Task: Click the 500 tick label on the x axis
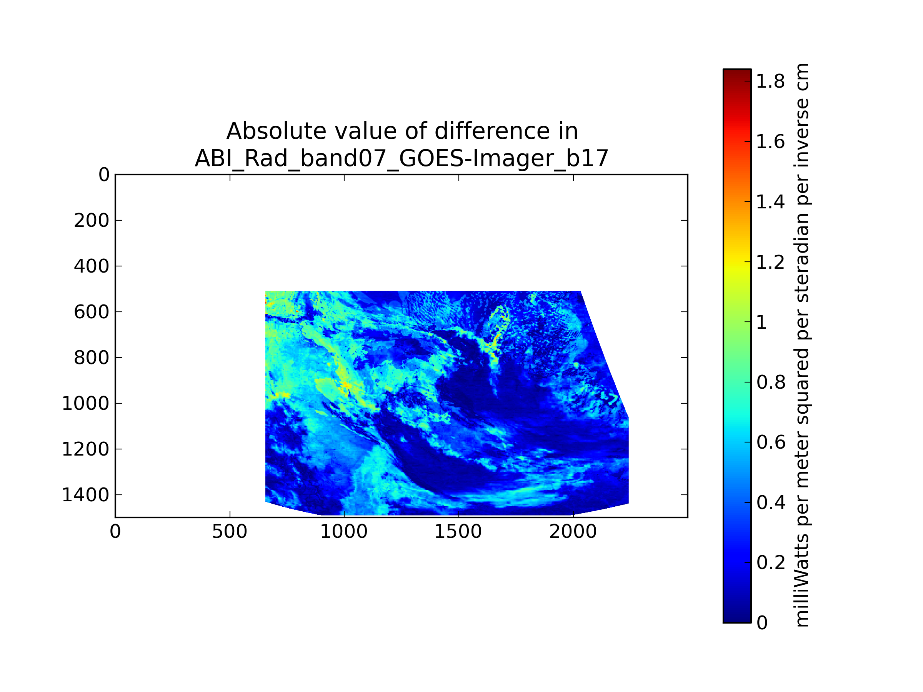(x=230, y=532)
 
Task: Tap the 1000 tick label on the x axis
(x=344, y=532)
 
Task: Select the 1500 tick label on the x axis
(x=458, y=532)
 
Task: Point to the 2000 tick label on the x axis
(x=573, y=532)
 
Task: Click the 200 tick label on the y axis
(x=92, y=221)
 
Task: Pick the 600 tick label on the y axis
(x=92, y=312)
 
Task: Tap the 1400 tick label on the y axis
(x=85, y=495)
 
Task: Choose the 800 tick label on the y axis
(x=92, y=358)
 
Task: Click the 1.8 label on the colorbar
(x=771, y=82)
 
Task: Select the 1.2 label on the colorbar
(x=771, y=262)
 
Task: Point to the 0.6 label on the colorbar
(x=771, y=442)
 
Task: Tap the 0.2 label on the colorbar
(x=771, y=563)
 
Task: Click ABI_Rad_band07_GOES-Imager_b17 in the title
(x=402, y=158)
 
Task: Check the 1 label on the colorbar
(x=761, y=323)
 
